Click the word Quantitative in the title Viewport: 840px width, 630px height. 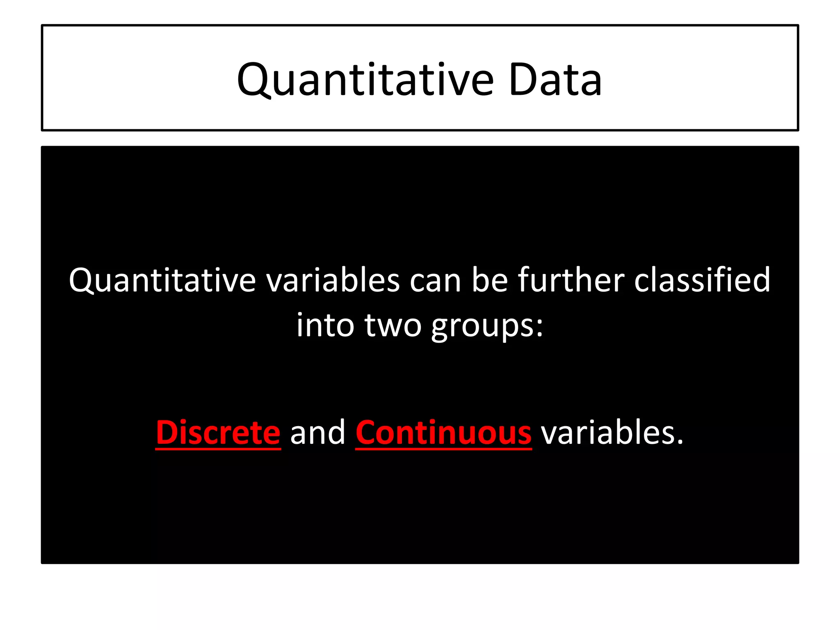click(365, 80)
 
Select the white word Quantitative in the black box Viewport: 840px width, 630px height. click(162, 281)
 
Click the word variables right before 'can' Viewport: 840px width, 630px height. click(333, 281)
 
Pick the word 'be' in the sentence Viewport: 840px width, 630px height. click(490, 281)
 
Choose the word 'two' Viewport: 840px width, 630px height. click(393, 326)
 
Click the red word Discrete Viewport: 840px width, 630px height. click(218, 433)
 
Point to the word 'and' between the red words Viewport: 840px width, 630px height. click(318, 433)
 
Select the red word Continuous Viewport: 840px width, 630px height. click(443, 433)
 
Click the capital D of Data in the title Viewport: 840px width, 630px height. click(523, 80)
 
